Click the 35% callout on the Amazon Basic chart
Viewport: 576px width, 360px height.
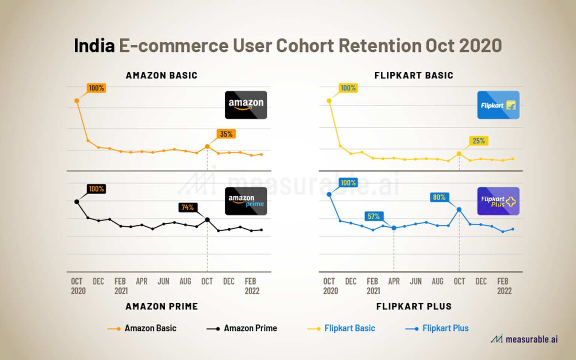[x=226, y=134]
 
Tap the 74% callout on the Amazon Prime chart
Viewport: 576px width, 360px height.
[x=187, y=207]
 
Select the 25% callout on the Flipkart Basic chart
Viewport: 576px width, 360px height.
[x=478, y=141]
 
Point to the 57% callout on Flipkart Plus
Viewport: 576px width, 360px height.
[x=373, y=216]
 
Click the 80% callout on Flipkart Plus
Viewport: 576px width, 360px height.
[x=439, y=197]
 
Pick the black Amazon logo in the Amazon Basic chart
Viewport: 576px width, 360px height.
[x=246, y=105]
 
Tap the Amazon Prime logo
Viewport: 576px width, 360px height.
[x=246, y=201]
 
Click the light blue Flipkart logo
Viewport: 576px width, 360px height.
[x=498, y=105]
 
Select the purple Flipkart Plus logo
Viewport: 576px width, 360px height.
[x=498, y=201]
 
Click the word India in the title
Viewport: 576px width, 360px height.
[x=94, y=46]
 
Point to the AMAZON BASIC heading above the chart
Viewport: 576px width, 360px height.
[x=162, y=75]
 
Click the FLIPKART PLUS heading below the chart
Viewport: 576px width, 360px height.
[x=414, y=306]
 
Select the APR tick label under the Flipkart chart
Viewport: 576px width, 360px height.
[x=394, y=281]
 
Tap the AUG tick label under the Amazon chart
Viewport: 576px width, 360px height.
[x=185, y=281]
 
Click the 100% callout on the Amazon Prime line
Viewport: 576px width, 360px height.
[x=96, y=189]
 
